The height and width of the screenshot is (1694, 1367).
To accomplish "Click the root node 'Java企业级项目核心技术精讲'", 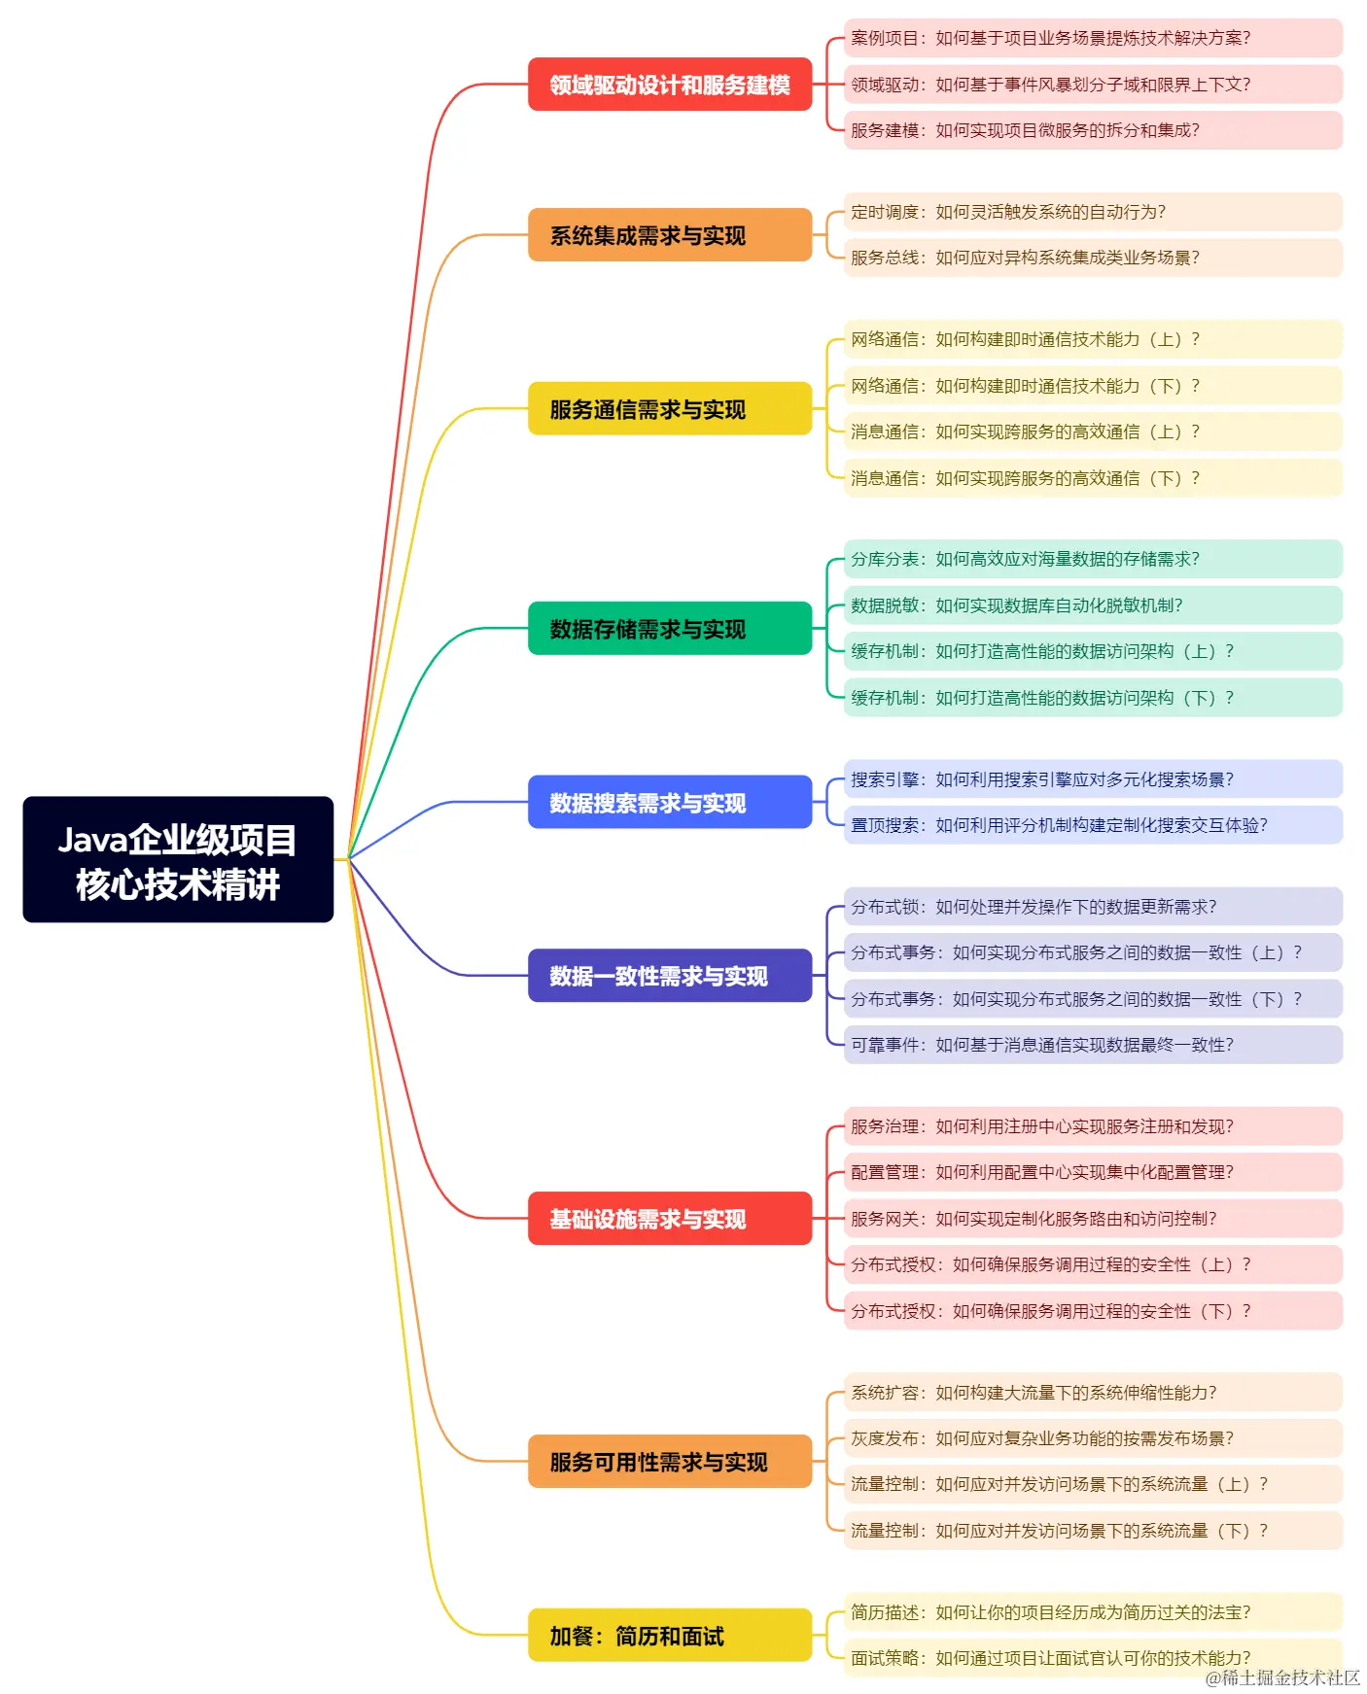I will point(178,860).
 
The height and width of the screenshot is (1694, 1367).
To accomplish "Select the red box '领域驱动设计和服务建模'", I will point(670,85).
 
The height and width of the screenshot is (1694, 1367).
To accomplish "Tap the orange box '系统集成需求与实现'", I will point(670,235).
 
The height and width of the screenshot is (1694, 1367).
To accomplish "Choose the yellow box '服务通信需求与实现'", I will point(670,409).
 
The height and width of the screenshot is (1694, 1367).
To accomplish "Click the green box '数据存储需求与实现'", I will point(670,629).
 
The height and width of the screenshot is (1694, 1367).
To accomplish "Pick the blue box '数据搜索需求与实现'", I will point(670,803).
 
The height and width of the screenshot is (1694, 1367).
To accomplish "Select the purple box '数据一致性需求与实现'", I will point(670,976).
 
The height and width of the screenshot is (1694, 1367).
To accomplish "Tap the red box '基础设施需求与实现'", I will point(670,1219).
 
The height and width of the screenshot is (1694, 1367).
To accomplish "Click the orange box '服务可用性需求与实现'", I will point(670,1462).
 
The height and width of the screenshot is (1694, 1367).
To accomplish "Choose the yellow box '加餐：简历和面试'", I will point(670,1636).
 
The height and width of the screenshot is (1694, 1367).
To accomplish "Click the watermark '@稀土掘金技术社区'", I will point(1282,1678).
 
